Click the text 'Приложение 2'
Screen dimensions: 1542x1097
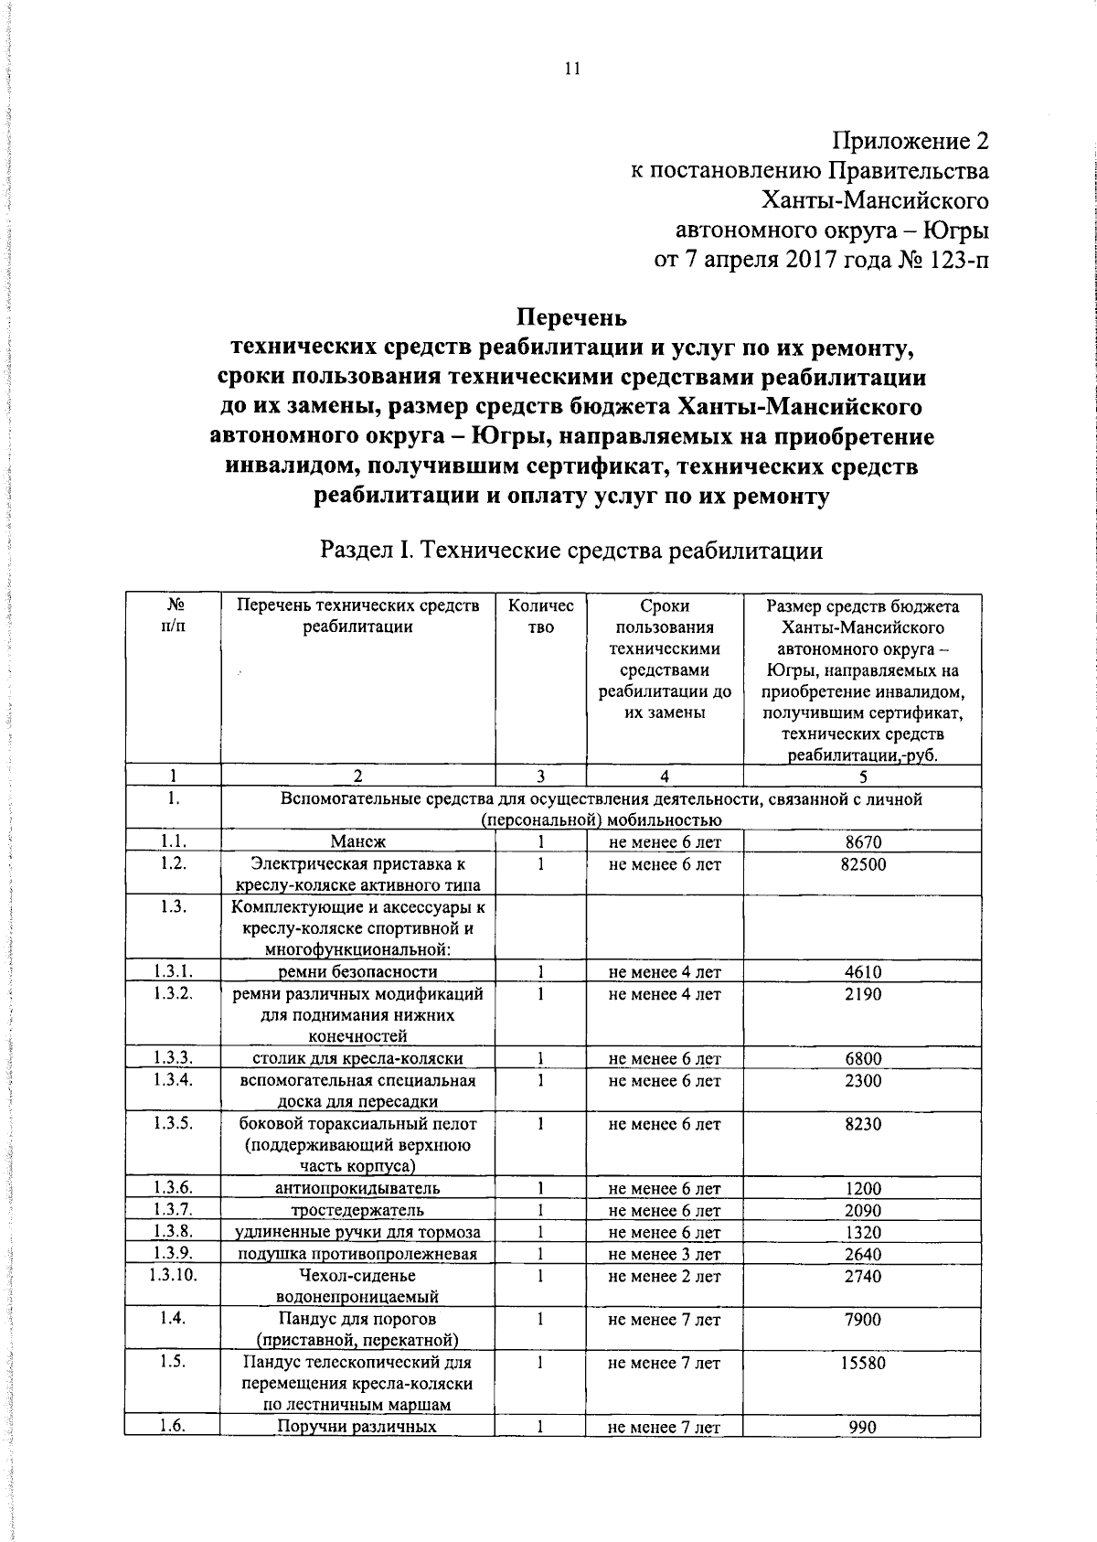(x=910, y=142)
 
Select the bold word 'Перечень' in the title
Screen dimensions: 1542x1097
(x=572, y=317)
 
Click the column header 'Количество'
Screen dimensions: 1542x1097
(x=540, y=616)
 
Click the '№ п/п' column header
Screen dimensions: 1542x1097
(x=173, y=616)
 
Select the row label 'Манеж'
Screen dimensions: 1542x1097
(x=358, y=842)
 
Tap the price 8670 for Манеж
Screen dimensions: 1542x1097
(x=863, y=842)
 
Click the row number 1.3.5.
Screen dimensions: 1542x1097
(x=173, y=1124)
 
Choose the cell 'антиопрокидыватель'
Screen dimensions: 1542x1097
(x=358, y=1189)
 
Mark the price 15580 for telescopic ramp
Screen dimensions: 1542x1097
(x=863, y=1363)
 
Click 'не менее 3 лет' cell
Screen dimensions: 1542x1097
(x=665, y=1255)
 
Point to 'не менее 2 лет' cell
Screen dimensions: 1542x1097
(x=665, y=1277)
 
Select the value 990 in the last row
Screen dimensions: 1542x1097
(x=863, y=1428)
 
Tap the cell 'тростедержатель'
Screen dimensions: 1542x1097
(x=358, y=1211)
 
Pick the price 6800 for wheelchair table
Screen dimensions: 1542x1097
(x=863, y=1059)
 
